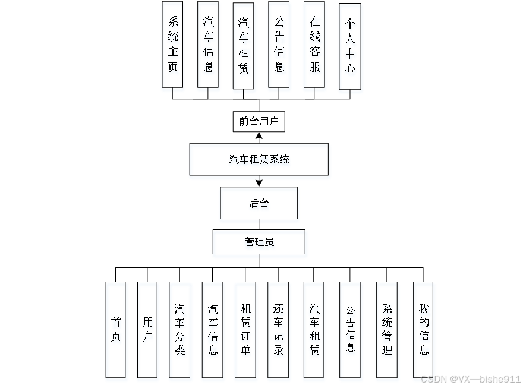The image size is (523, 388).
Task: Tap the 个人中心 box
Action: [350, 46]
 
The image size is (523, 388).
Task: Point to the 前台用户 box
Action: [259, 122]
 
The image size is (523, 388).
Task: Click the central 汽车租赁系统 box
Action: [259, 159]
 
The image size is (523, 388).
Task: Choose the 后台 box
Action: [259, 203]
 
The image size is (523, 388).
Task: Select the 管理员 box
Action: [259, 242]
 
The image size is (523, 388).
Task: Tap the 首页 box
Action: [116, 329]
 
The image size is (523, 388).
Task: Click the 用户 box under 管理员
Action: [147, 329]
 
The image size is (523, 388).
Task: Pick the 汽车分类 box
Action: [179, 329]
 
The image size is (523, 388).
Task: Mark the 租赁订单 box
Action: [245, 329]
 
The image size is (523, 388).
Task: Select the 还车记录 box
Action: [278, 329]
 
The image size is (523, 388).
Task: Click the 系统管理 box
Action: [387, 329]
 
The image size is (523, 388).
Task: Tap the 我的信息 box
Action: [423, 329]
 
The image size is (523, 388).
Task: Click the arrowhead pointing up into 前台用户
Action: [259, 136]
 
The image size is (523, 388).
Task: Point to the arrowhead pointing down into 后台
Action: [259, 182]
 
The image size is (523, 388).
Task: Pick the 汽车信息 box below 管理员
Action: [213, 329]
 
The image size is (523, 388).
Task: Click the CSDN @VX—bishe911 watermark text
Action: [470, 379]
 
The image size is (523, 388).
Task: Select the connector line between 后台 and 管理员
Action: [259, 225]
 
